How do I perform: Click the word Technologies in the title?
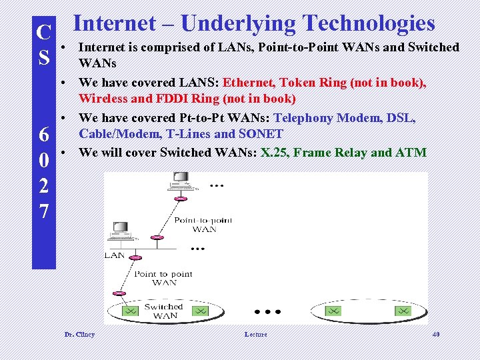tap(368, 23)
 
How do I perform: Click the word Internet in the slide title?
tap(114, 23)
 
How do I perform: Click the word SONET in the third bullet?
tap(261, 134)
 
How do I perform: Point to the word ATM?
tap(411, 152)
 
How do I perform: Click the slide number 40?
tap(436, 334)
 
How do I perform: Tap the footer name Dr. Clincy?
tap(79, 334)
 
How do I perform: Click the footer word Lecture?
tap(255, 334)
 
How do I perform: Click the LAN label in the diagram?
tap(114, 255)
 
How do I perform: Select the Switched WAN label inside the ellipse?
tap(163, 311)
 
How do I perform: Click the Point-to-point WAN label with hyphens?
tap(203, 225)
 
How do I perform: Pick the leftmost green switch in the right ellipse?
tap(334, 311)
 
